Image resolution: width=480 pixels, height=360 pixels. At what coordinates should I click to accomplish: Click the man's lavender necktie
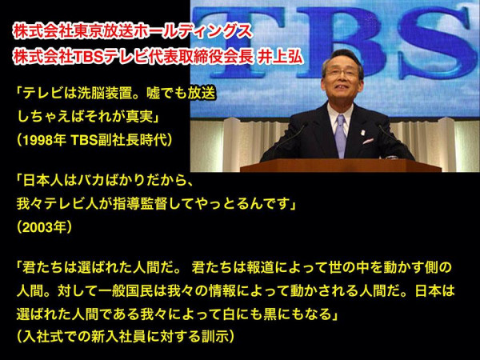[x=341, y=135]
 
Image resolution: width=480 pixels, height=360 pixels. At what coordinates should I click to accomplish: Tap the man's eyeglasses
[x=342, y=73]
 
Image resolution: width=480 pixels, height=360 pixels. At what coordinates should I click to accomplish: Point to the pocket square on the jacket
[x=368, y=141]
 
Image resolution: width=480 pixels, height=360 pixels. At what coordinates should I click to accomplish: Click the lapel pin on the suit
[x=362, y=133]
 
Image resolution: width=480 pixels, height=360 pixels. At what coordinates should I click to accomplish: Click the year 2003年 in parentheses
[x=44, y=227]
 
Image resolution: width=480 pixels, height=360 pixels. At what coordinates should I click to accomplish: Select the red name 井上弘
[x=280, y=57]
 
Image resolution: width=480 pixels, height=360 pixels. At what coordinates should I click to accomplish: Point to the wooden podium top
[x=341, y=166]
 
